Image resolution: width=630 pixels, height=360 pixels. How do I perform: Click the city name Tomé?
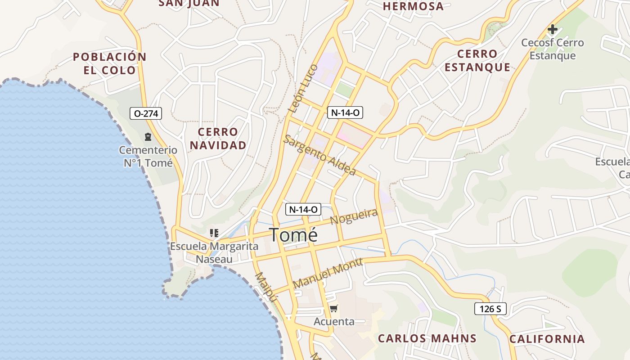pyautogui.click(x=293, y=235)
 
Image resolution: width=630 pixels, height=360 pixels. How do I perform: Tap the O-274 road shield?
pyautogui.click(x=146, y=113)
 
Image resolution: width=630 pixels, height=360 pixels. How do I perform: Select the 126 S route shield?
pyautogui.click(x=490, y=309)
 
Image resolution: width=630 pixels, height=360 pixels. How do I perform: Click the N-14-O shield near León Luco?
pyautogui.click(x=345, y=112)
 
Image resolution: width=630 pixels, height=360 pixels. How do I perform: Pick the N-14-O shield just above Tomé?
pyautogui.click(x=303, y=209)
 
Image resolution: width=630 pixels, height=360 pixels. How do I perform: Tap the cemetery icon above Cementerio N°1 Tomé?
pyautogui.click(x=148, y=137)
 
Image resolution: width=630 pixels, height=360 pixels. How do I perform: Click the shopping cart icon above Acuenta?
pyautogui.click(x=333, y=309)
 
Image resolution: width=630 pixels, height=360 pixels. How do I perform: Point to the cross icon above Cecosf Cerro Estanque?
pyautogui.click(x=552, y=30)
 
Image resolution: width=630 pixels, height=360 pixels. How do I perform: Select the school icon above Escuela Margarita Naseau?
pyautogui.click(x=214, y=233)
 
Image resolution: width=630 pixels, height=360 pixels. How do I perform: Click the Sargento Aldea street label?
pyautogui.click(x=319, y=155)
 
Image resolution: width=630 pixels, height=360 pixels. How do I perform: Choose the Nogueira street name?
pyautogui.click(x=354, y=216)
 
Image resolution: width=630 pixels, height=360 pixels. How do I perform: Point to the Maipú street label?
pyautogui.click(x=265, y=286)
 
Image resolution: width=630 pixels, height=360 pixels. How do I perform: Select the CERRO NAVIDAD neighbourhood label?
pyautogui.click(x=218, y=139)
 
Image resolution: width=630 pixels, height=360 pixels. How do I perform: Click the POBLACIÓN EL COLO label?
pyautogui.click(x=110, y=63)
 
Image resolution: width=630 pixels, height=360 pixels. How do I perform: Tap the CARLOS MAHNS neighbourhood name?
pyautogui.click(x=427, y=338)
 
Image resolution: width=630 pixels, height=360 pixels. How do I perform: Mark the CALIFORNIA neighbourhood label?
pyautogui.click(x=547, y=339)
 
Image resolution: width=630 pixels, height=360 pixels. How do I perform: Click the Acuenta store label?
pyautogui.click(x=334, y=322)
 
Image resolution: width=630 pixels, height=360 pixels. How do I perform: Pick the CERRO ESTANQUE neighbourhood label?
pyautogui.click(x=477, y=61)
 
